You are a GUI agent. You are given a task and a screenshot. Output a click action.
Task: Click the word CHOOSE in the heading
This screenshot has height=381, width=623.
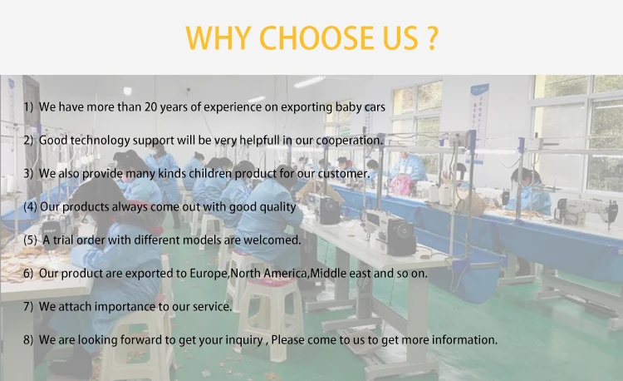coord(316,37)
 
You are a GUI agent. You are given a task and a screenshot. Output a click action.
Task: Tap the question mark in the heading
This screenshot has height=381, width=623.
coord(433,37)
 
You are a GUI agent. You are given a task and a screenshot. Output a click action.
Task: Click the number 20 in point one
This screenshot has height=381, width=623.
coord(150,107)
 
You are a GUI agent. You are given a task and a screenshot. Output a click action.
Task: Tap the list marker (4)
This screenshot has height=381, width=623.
coord(30,207)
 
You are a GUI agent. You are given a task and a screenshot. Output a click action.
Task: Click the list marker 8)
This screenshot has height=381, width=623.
coord(28,340)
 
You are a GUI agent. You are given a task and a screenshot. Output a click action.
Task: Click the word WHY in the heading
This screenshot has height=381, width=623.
coord(218,37)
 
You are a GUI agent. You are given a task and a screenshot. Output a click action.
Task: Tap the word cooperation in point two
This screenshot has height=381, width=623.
coord(348,141)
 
